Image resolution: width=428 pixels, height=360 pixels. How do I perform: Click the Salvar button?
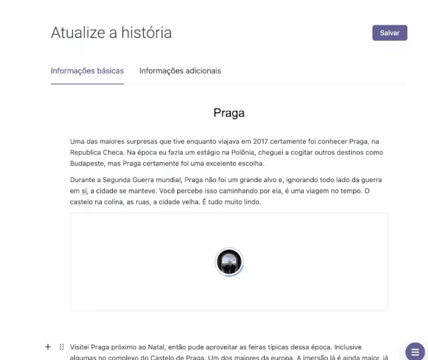389,33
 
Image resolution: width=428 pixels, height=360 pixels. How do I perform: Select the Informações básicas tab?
87,70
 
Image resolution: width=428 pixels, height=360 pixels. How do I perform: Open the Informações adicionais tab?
180,70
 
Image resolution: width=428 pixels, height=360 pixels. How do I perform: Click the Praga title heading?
229,113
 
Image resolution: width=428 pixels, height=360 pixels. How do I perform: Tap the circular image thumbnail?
229,262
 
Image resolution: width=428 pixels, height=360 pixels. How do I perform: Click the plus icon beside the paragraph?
47,347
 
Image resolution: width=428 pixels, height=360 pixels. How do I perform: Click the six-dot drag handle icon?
62,347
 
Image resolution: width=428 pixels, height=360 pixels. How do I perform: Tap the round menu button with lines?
415,351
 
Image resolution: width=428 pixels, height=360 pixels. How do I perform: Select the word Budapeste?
91,163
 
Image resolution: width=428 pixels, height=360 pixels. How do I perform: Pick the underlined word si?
84,191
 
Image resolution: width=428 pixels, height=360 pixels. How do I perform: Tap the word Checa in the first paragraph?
114,153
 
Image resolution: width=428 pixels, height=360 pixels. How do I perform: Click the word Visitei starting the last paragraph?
83,347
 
